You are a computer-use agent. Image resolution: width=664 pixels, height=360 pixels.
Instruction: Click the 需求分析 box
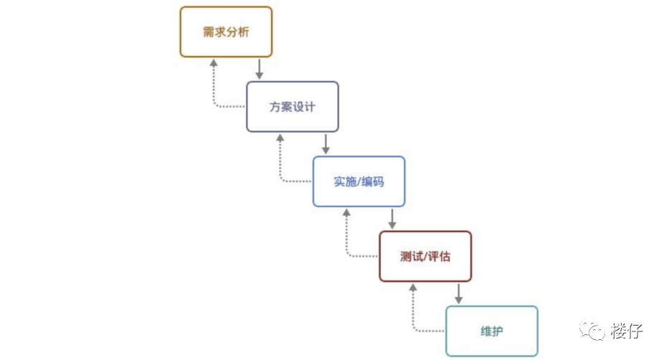pos(225,32)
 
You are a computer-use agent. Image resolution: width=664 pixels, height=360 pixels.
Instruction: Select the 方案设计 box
pos(292,106)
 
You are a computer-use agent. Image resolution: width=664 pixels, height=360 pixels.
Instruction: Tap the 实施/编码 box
pos(359,181)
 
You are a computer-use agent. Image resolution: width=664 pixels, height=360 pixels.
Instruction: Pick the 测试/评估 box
pos(425,256)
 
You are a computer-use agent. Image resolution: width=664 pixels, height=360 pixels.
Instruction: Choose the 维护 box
pos(491,331)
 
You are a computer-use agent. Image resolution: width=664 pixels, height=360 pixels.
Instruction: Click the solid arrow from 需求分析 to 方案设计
pos(260,69)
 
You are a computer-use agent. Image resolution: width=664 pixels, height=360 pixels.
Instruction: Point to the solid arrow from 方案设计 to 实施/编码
pos(326,143)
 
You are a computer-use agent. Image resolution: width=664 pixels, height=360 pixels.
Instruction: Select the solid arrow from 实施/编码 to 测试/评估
pos(392,219)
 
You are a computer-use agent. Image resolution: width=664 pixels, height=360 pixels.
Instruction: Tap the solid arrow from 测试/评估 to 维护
pos(459,293)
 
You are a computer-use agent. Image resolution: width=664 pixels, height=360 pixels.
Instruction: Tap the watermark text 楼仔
pos(627,331)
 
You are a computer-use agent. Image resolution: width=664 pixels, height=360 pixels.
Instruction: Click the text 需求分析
pos(225,32)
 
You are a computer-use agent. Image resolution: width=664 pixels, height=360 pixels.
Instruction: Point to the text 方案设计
pos(292,107)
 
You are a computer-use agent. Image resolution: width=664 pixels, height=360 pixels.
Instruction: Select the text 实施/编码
pos(359,181)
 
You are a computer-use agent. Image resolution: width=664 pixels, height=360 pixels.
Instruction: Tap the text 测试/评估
pos(425,256)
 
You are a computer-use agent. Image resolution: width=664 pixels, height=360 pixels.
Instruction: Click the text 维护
pos(491,331)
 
